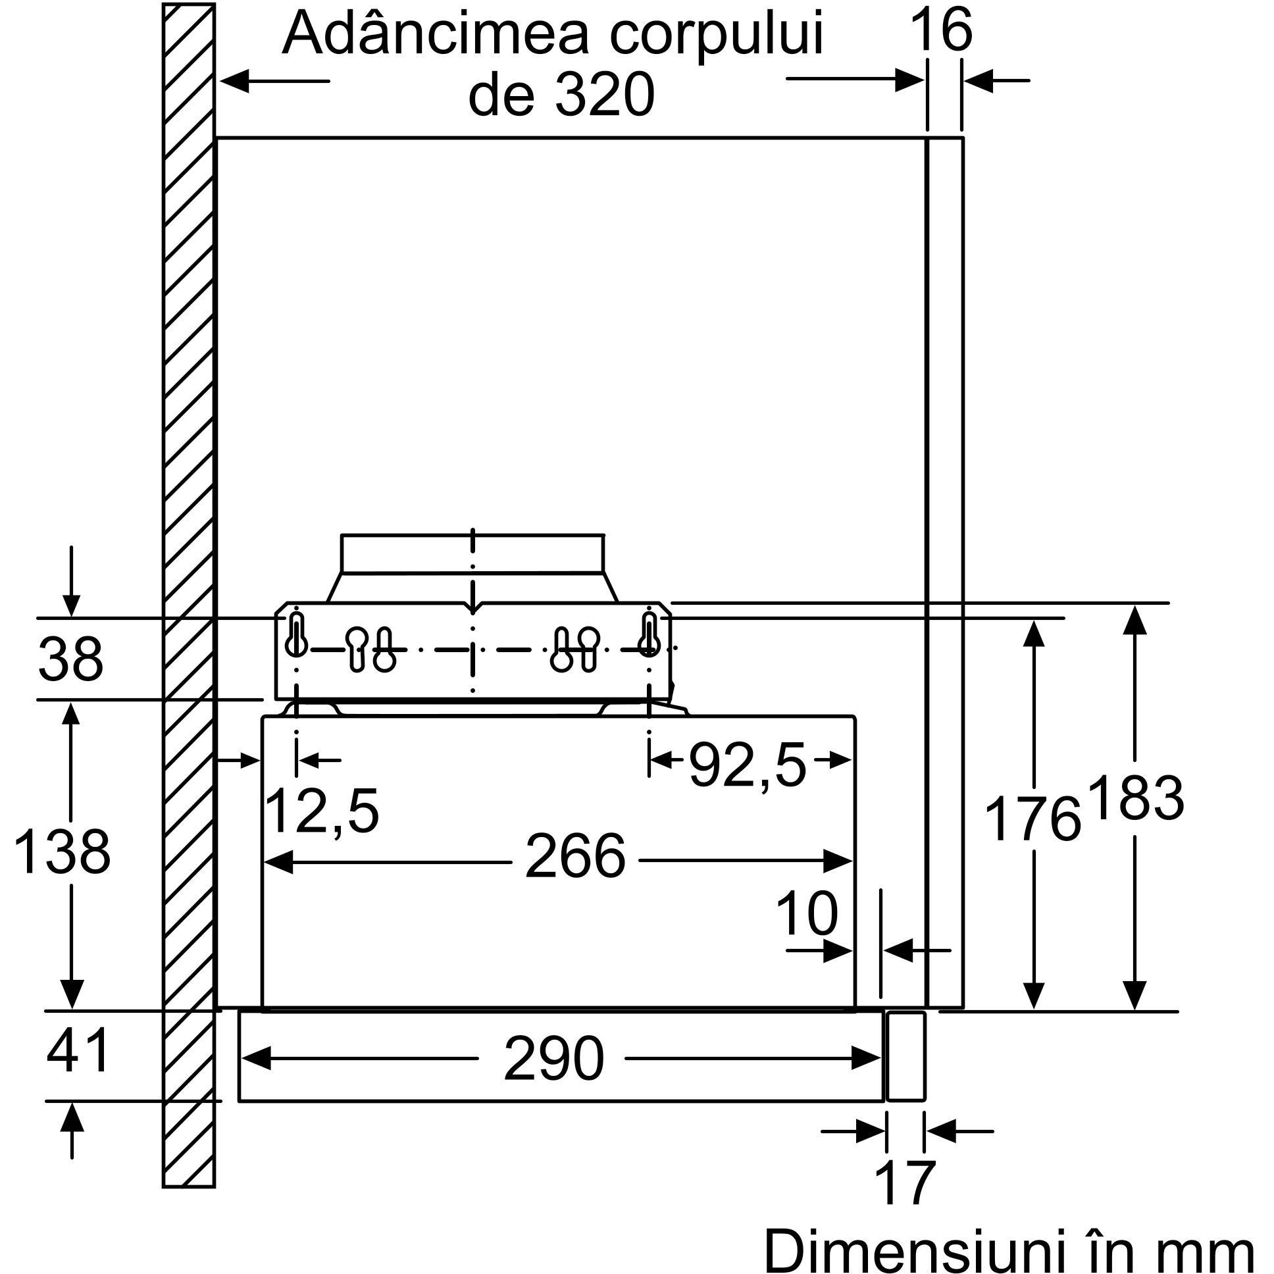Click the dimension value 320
[604, 95]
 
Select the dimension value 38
[70, 659]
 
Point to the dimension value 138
[62, 852]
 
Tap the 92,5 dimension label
[748, 765]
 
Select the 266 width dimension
[575, 857]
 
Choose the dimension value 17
[905, 1183]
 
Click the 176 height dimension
[1032, 819]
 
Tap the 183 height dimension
[1136, 799]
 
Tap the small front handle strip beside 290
[906, 1056]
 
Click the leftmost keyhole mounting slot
[297, 634]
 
